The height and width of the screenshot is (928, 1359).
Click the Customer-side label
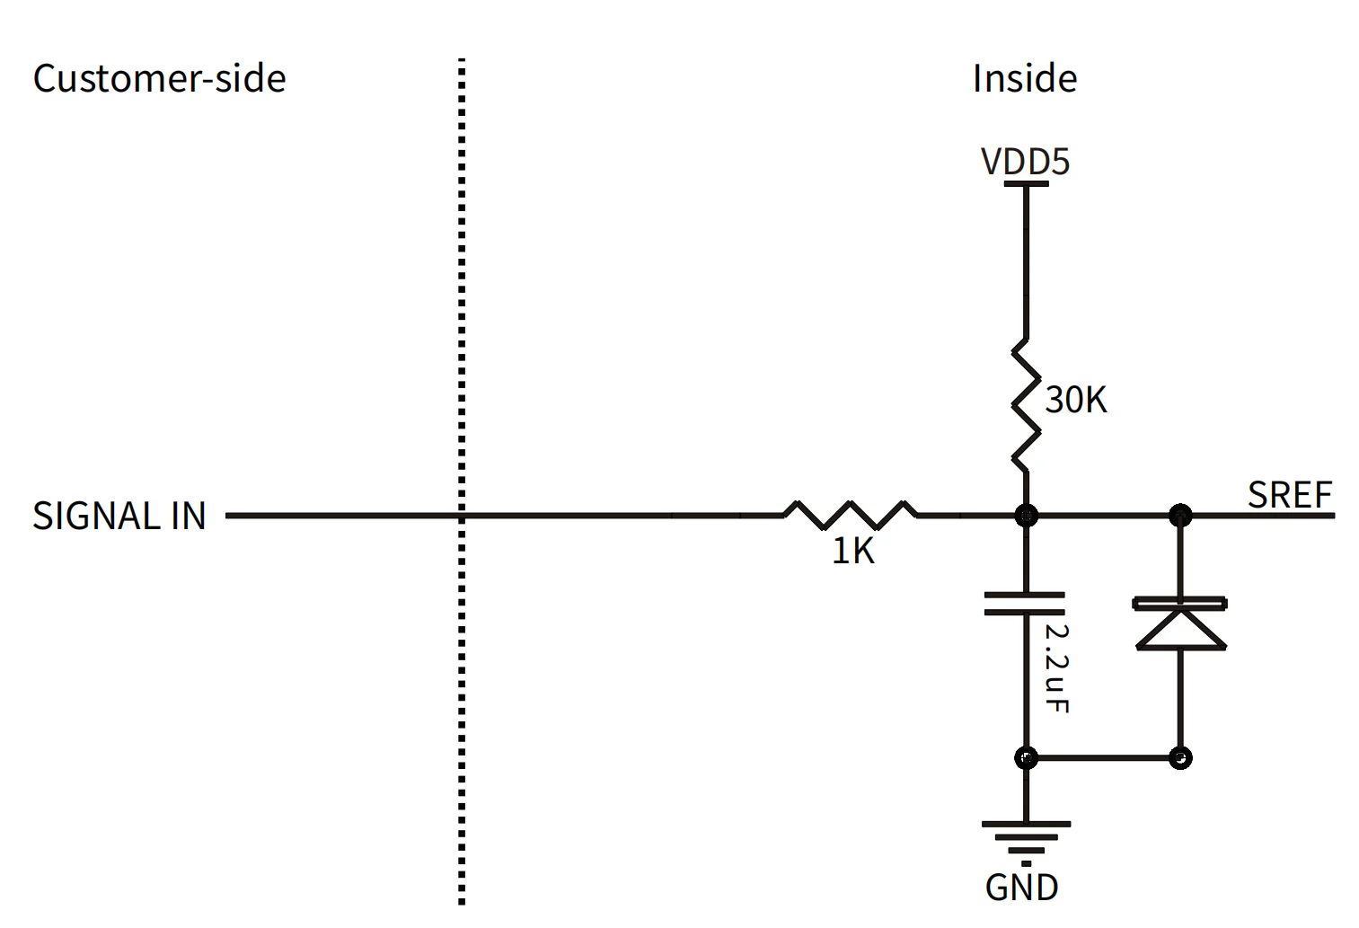click(159, 79)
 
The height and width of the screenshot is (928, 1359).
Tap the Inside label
click(1024, 79)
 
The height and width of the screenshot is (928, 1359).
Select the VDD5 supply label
click(1025, 163)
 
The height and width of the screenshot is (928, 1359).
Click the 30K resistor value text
click(1076, 400)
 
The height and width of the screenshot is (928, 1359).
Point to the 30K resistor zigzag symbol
click(1026, 405)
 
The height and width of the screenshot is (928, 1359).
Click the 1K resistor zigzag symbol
click(851, 515)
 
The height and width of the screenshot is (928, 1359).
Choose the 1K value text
click(852, 552)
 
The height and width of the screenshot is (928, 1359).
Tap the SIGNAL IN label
click(119, 517)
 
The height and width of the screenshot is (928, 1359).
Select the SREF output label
click(1289, 495)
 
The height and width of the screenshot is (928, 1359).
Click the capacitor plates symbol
click(1025, 604)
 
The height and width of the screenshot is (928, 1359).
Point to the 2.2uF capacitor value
click(1057, 668)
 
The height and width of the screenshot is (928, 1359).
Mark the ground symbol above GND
click(1026, 837)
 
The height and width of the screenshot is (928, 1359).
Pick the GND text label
click(1022, 888)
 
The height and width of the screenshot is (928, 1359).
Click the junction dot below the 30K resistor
click(1026, 516)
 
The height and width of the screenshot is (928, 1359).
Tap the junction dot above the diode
click(1180, 516)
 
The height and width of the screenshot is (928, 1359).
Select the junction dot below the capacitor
click(1026, 757)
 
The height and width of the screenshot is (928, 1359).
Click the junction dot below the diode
click(1181, 757)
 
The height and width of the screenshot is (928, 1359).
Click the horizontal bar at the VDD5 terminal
click(1026, 184)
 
